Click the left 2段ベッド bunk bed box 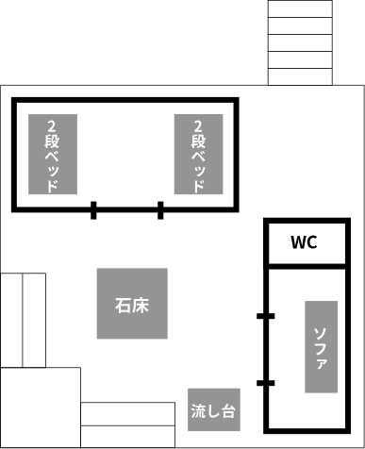[52, 154]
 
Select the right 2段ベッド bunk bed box [198, 154]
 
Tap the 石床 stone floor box [133, 304]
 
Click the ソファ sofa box [321, 346]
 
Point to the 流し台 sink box [212, 410]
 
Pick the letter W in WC [296, 243]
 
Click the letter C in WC [311, 243]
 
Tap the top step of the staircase [300, 8]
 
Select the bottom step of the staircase [300, 75]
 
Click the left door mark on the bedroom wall [93, 209]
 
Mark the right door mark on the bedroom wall [160, 209]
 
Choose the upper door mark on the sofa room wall [265, 316]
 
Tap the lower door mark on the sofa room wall [265, 382]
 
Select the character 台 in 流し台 [227, 411]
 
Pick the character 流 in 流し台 [198, 411]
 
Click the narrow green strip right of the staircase [348, 42]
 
